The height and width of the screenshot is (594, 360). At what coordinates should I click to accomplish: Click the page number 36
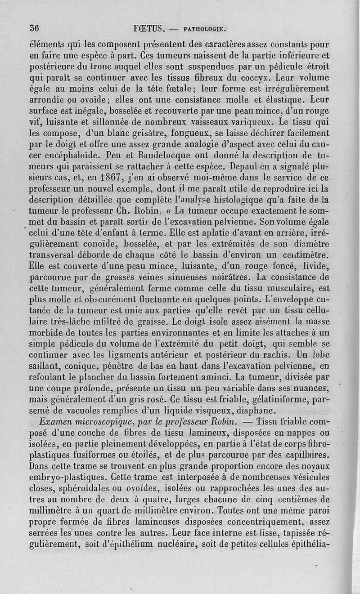(34, 27)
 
